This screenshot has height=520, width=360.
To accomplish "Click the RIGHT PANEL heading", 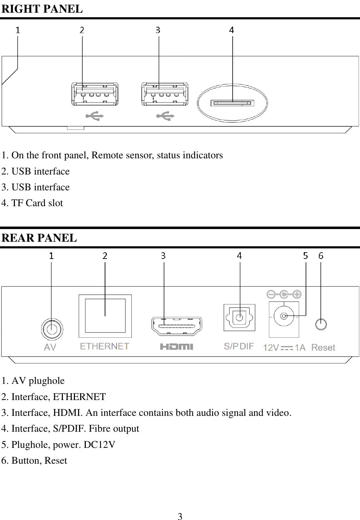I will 42,9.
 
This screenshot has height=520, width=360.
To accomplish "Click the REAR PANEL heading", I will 39,238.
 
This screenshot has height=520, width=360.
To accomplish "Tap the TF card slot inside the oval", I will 232,103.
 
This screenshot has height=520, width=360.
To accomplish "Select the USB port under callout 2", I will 95,94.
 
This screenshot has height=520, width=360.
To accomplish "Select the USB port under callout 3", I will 165,94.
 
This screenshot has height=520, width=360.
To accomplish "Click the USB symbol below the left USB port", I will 95,116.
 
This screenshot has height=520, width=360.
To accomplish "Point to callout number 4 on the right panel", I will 231,30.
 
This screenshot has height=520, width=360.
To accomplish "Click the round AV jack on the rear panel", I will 52,329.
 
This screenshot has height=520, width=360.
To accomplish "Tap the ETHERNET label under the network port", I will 104,347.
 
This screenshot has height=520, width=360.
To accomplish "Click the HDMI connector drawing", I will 176,326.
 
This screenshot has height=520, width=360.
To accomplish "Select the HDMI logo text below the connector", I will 176,347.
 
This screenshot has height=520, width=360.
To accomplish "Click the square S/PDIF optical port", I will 239,318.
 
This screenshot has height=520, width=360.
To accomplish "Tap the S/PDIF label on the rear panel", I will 239,347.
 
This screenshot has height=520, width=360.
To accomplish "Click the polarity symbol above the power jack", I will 284,294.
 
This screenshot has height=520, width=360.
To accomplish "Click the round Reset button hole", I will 321,324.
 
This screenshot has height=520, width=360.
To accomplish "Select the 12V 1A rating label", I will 284,348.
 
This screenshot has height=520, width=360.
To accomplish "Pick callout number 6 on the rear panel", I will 321,256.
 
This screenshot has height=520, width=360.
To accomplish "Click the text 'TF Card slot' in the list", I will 37,203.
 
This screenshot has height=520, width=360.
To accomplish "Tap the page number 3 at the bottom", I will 180,516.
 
